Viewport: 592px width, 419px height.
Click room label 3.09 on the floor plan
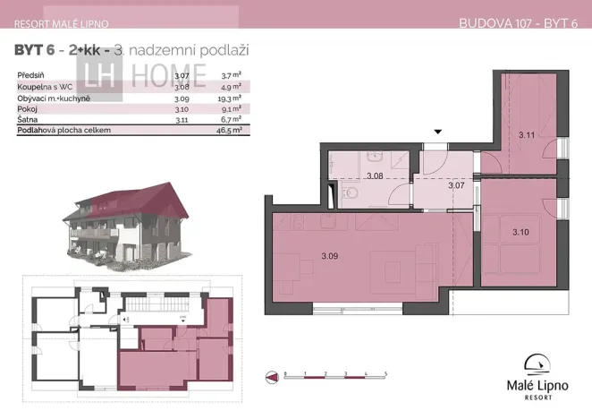click(329, 257)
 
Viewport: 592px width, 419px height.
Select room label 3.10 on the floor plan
click(520, 232)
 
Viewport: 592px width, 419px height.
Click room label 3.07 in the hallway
click(455, 185)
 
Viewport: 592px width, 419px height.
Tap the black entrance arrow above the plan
click(437, 133)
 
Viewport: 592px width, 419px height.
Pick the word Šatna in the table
click(26, 119)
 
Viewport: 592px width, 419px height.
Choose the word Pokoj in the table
click(26, 108)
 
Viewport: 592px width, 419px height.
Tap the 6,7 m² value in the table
click(233, 119)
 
